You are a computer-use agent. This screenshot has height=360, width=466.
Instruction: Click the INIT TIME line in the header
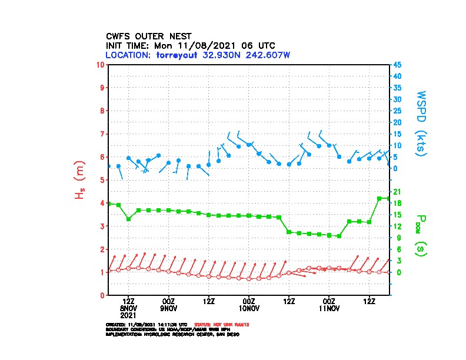click(190, 45)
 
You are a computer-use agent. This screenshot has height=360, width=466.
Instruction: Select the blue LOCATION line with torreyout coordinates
click(198, 55)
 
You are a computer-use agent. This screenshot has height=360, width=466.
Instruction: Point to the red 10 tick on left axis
click(101, 64)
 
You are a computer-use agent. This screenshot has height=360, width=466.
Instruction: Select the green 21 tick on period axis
click(397, 191)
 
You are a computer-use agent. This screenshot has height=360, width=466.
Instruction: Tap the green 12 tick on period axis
click(397, 226)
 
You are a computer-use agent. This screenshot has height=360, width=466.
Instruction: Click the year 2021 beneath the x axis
click(128, 315)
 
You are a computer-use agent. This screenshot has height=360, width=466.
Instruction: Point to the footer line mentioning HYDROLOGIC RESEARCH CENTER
click(172, 334)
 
